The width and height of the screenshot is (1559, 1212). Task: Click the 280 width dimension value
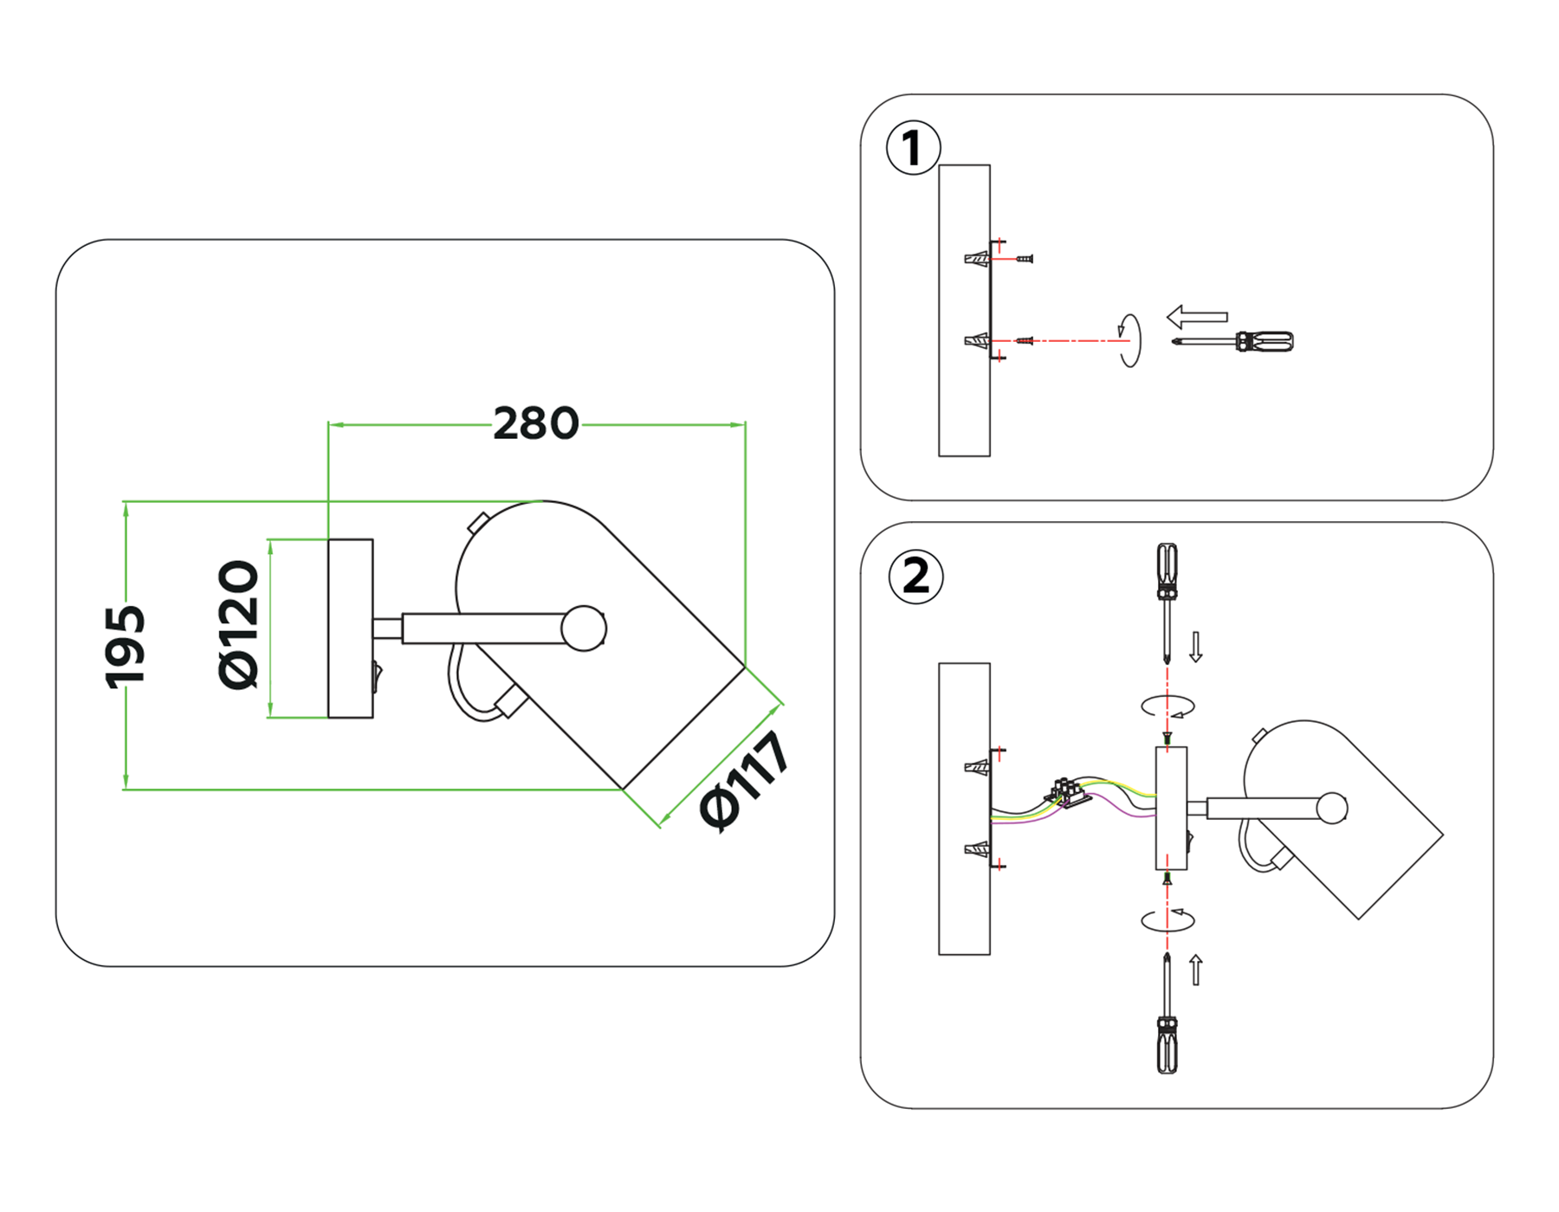click(535, 424)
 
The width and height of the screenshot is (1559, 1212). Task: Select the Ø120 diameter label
click(238, 624)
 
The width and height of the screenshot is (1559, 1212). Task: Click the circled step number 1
click(913, 148)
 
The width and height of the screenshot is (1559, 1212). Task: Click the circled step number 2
click(915, 577)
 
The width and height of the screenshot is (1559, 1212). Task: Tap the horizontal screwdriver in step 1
click(1234, 341)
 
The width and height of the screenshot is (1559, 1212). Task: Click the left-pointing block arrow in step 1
click(1197, 317)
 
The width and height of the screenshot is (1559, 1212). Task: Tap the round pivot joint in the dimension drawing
click(583, 629)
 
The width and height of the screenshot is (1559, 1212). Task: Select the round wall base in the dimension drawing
click(350, 629)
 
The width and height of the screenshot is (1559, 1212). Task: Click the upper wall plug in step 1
click(976, 259)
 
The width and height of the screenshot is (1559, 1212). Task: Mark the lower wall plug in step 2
click(976, 848)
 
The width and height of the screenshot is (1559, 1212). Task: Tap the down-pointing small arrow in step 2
click(1196, 647)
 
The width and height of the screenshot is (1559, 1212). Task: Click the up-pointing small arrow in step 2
click(1196, 970)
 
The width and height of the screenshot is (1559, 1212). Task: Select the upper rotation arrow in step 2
click(1168, 706)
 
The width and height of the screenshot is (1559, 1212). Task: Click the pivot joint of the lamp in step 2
click(1331, 808)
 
